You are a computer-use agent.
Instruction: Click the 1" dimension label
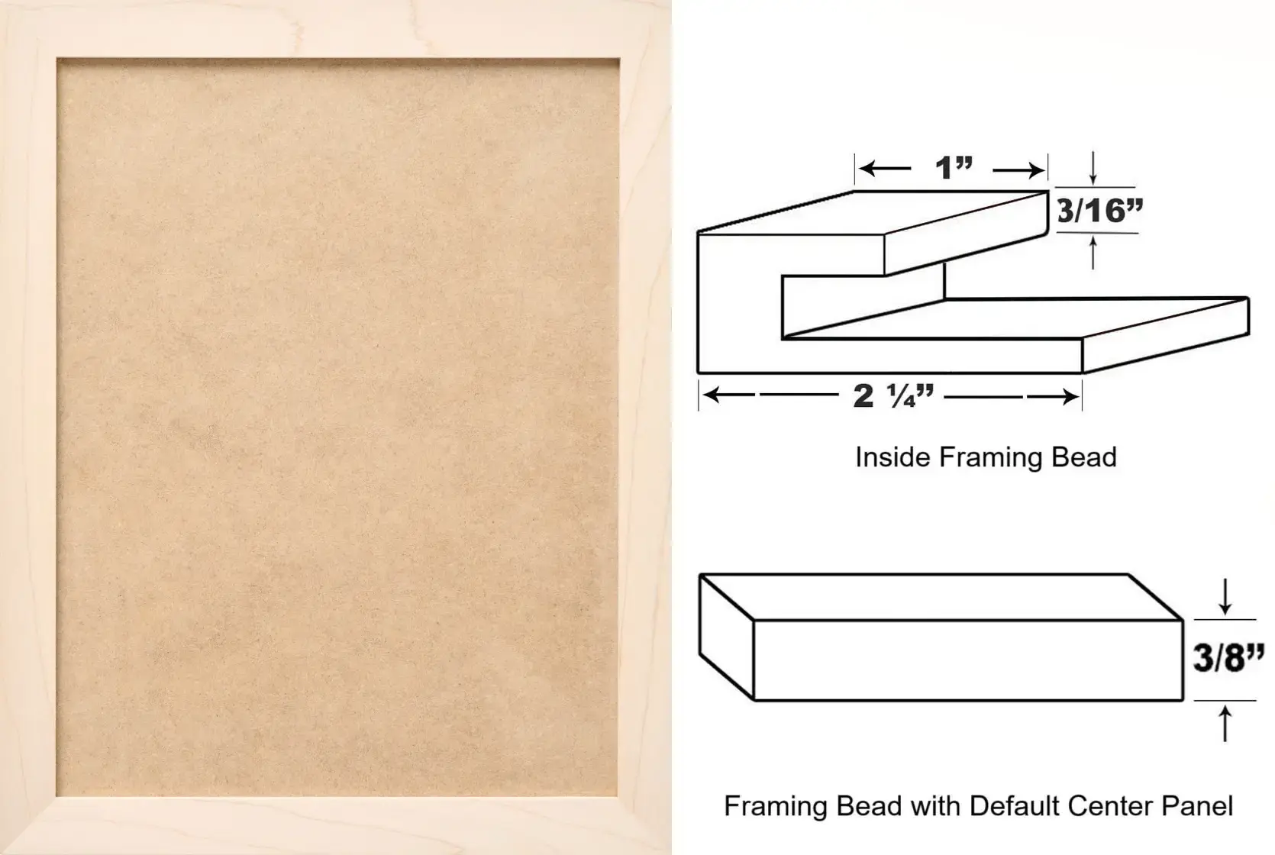pyautogui.click(x=954, y=168)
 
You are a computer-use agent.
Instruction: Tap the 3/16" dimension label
pyautogui.click(x=1099, y=211)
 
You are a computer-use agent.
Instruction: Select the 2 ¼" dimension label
pyautogui.click(x=893, y=395)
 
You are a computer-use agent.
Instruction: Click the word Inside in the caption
pyautogui.click(x=893, y=457)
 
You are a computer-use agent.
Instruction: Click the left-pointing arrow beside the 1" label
pyautogui.click(x=885, y=169)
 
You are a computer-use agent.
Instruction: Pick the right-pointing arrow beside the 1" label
pyautogui.click(x=1019, y=169)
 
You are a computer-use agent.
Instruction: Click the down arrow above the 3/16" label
pyautogui.click(x=1093, y=168)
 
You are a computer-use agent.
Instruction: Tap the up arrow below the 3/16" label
pyautogui.click(x=1093, y=252)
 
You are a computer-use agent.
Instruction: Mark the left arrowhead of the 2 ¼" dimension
pyautogui.click(x=713, y=395)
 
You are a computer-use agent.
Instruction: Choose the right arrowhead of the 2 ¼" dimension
pyautogui.click(x=1068, y=396)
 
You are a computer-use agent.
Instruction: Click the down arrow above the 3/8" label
pyautogui.click(x=1225, y=596)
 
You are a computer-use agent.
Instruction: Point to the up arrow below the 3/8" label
pyautogui.click(x=1225, y=724)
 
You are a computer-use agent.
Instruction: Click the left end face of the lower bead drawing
pyautogui.click(x=726, y=637)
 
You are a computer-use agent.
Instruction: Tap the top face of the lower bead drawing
pyautogui.click(x=941, y=597)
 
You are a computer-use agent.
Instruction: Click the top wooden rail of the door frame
pyautogui.click(x=336, y=28)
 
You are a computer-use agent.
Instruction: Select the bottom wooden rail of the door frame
pyautogui.click(x=336, y=825)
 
